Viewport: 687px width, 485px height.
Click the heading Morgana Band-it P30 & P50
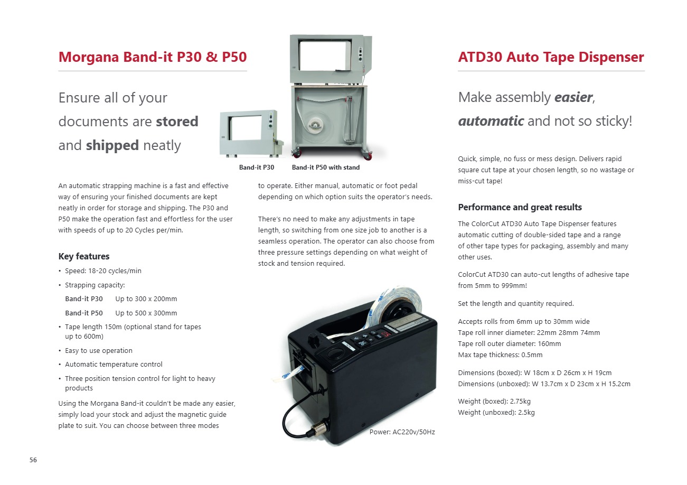(x=152, y=57)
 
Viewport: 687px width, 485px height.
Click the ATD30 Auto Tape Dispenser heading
(x=551, y=57)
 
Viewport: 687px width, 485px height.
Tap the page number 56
(x=33, y=460)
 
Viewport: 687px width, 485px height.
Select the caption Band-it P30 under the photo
(x=257, y=167)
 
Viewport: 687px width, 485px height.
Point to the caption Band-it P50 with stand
(x=325, y=167)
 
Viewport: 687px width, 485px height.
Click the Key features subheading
(x=83, y=256)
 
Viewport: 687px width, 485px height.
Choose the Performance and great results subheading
(x=520, y=207)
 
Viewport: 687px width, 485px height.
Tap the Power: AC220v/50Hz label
(x=402, y=432)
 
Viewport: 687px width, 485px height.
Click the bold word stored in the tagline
(x=177, y=122)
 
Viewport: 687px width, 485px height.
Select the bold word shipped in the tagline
(x=112, y=145)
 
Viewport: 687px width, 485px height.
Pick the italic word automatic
(x=491, y=121)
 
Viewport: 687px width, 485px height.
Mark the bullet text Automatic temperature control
(x=114, y=365)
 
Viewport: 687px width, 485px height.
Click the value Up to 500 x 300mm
(x=146, y=313)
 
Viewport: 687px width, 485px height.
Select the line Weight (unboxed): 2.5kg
(x=496, y=412)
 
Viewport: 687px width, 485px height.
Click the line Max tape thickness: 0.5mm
(x=500, y=355)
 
